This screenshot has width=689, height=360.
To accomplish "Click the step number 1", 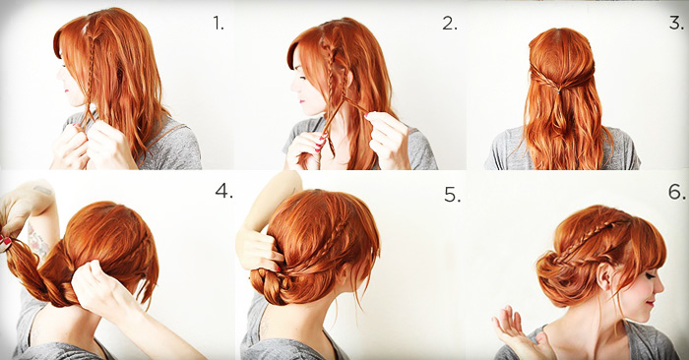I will (218, 23).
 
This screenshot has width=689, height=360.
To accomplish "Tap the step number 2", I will (449, 23).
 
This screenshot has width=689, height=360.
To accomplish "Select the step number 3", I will (675, 21).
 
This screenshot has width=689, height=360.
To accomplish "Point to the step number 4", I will (223, 191).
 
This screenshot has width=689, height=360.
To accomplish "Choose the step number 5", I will (451, 195).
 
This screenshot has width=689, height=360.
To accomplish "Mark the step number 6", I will (675, 190).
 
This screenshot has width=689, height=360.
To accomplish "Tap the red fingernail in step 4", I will (6, 240).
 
